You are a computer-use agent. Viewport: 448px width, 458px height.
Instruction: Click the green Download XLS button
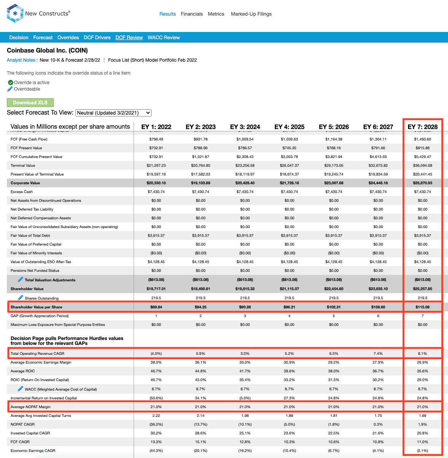click(30, 103)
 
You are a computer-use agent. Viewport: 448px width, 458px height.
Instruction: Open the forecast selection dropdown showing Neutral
click(113, 113)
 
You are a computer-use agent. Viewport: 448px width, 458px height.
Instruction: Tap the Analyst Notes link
click(21, 60)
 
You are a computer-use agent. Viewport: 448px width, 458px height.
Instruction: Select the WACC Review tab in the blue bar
click(164, 37)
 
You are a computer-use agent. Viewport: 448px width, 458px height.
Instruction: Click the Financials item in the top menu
click(192, 14)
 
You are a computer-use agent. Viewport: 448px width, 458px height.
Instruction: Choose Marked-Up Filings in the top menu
click(251, 14)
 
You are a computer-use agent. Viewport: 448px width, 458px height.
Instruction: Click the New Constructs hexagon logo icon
click(15, 13)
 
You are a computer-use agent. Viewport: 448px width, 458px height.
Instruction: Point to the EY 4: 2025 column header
click(289, 127)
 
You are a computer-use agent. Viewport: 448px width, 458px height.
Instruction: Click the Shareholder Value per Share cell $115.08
click(422, 307)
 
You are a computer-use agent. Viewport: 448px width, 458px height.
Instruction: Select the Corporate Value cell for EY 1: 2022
click(156, 183)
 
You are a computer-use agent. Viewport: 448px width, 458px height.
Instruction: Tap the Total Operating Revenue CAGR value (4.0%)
click(156, 354)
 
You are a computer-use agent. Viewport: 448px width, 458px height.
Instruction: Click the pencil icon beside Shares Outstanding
click(21, 298)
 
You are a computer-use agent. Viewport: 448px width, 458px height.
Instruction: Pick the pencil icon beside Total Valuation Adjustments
click(21, 279)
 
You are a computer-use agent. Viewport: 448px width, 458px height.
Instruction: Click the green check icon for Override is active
click(11, 82)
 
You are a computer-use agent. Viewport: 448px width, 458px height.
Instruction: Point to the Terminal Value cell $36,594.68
click(422, 166)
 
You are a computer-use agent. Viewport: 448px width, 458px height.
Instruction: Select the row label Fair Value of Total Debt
click(30, 235)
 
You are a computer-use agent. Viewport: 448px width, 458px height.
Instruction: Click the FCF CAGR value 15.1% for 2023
click(201, 442)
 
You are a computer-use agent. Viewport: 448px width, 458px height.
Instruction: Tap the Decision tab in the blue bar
click(19, 37)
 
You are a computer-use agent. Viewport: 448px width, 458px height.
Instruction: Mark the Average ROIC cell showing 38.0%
click(334, 371)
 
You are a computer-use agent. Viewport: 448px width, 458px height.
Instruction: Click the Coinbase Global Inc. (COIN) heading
click(47, 50)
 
